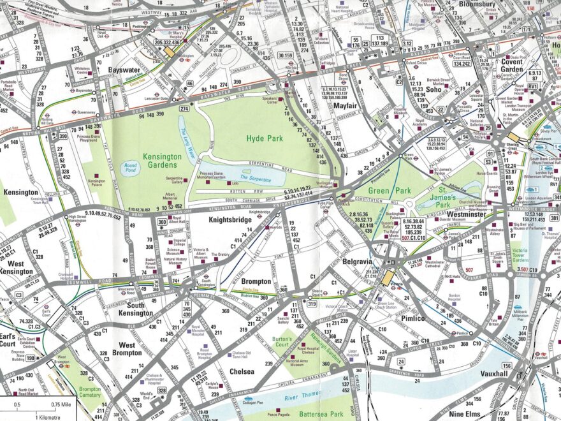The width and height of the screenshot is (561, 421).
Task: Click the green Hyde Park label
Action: (264, 138)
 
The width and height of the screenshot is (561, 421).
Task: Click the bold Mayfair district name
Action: (344, 105)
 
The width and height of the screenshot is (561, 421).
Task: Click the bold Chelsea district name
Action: (242, 371)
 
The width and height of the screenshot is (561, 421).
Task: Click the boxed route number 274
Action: (184, 109)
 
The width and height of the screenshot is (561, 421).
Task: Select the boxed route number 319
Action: (312, 304)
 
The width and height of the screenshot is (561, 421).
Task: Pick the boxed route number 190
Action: (30, 358)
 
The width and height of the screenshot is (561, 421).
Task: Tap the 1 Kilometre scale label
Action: (20, 415)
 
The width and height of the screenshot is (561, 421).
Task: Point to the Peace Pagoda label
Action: (279, 415)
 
